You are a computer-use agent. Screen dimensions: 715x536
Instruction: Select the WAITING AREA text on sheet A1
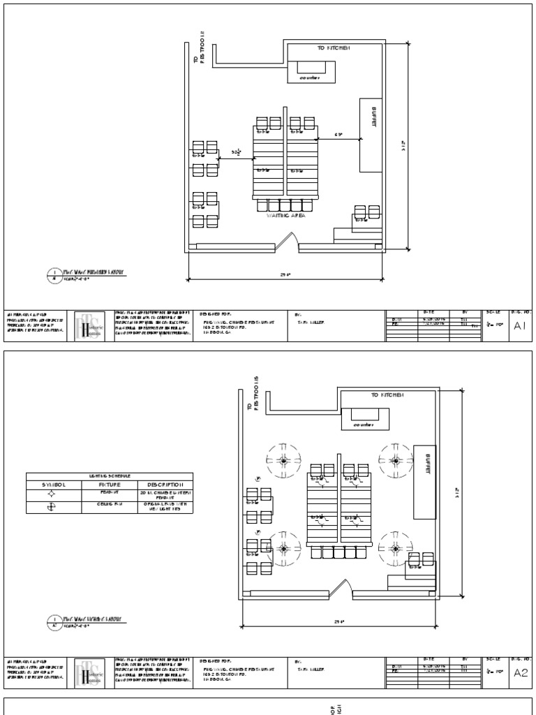285,216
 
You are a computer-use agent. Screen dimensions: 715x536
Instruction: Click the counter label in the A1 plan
310,78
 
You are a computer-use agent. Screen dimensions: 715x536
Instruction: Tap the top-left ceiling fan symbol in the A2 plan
283,461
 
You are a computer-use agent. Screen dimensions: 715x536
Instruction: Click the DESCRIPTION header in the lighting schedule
165,484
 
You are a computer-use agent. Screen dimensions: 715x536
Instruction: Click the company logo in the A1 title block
90,326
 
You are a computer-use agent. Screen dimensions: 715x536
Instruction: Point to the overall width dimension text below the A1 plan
285,276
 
